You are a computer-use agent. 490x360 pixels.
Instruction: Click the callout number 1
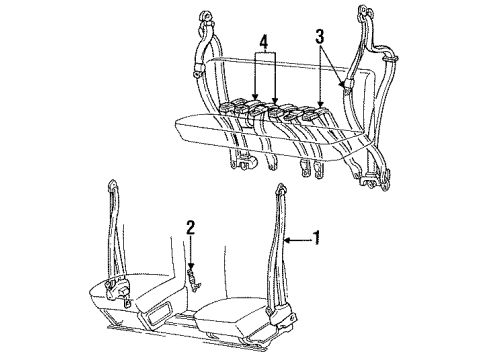(318, 240)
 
